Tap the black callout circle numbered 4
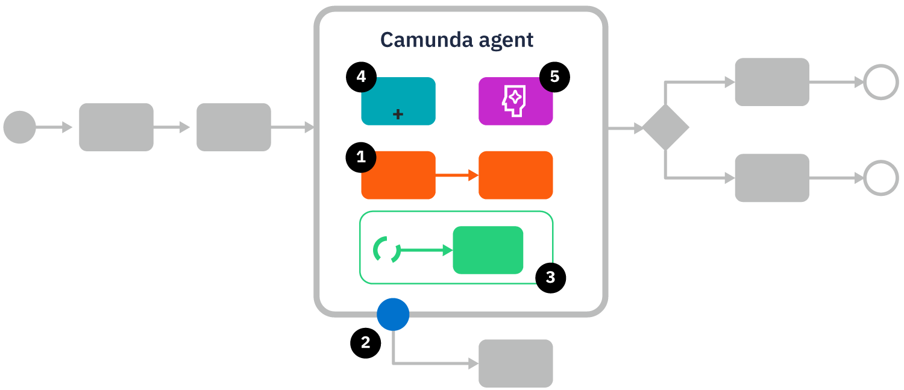pos(361,77)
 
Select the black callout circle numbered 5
pos(554,77)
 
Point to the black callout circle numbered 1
pos(361,157)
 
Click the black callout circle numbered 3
pos(550,277)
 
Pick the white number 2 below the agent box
pos(365,342)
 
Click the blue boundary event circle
pos(393,314)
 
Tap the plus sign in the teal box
pos(398,114)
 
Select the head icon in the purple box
pos(515,101)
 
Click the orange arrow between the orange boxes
pos(456,175)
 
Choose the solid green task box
pos(488,250)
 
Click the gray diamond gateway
pos(665,128)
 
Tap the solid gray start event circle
pos(19,127)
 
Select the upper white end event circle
pos(880,82)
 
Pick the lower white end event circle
pos(880,178)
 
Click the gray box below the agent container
pos(515,363)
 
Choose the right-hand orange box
pos(515,175)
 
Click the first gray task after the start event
pos(116,127)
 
